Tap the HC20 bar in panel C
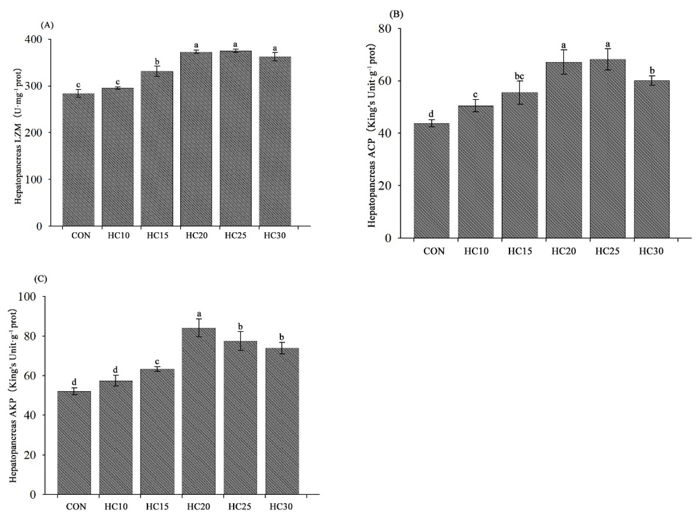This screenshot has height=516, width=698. point(198,411)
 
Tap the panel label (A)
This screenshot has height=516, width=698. point(47,25)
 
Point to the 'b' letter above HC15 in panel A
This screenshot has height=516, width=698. point(157,61)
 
